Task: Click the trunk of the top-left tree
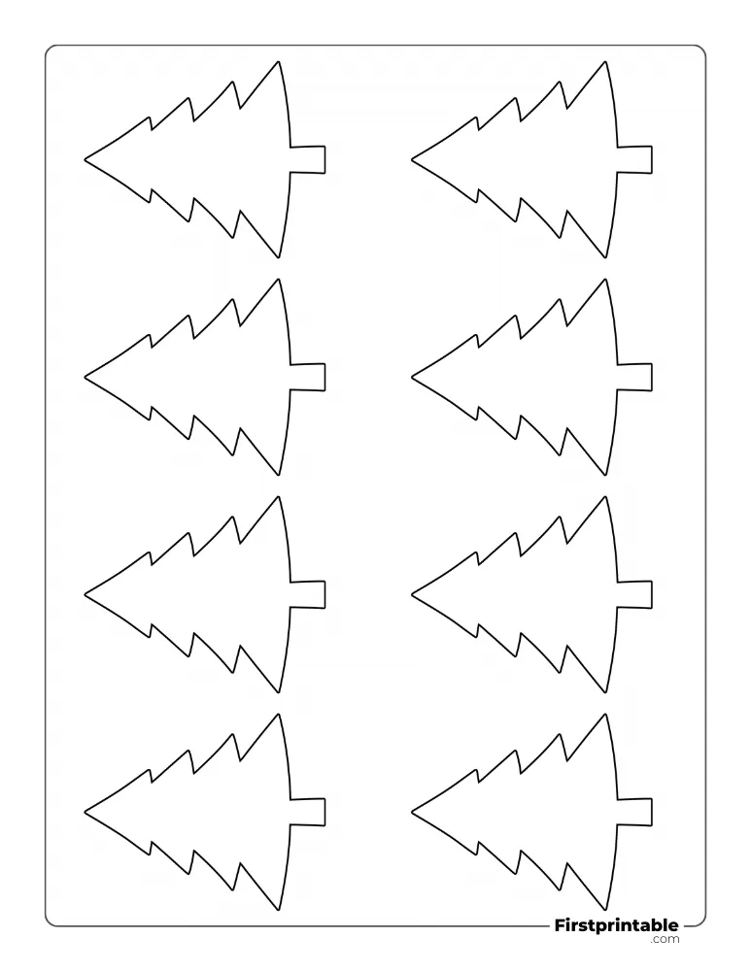tap(308, 160)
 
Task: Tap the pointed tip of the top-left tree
tap(85, 160)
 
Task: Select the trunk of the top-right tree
tap(634, 160)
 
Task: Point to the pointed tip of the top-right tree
tap(411, 160)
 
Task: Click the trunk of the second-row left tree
tap(308, 377)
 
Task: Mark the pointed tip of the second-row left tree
tap(85, 377)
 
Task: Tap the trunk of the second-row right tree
tap(634, 377)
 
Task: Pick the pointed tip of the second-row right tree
tap(411, 377)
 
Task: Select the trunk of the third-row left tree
tap(308, 594)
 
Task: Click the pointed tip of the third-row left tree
tap(85, 594)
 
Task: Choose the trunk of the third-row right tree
tap(634, 594)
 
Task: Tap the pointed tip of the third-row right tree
tap(411, 594)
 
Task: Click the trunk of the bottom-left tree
tap(308, 812)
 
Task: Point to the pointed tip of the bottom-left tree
tap(85, 811)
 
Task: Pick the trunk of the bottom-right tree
tap(634, 812)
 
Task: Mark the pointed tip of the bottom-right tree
tap(411, 811)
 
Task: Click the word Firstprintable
tap(616, 925)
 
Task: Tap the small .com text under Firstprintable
tap(665, 939)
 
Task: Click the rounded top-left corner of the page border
tap(49, 49)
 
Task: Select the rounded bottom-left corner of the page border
tap(49, 922)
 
